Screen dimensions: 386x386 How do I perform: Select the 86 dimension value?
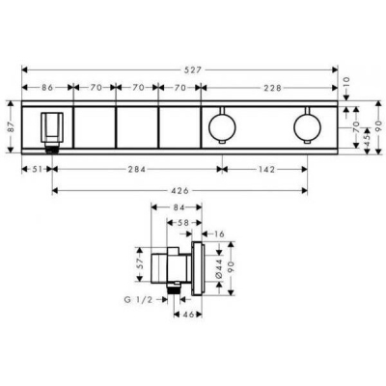pos(47,88)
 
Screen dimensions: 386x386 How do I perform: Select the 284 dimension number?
pos(138,169)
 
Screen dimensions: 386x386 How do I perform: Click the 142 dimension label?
pos(266,169)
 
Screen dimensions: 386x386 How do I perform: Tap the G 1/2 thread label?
pos(139,300)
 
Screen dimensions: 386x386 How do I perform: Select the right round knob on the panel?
pos(307,124)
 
